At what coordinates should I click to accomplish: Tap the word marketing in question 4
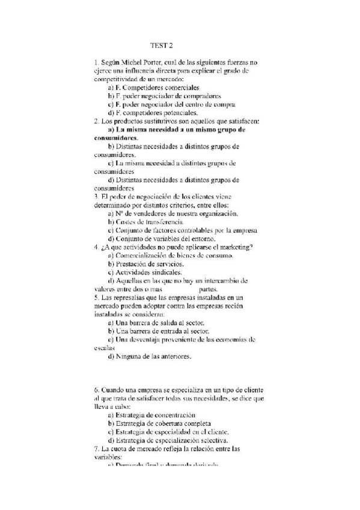[x=231, y=247]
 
